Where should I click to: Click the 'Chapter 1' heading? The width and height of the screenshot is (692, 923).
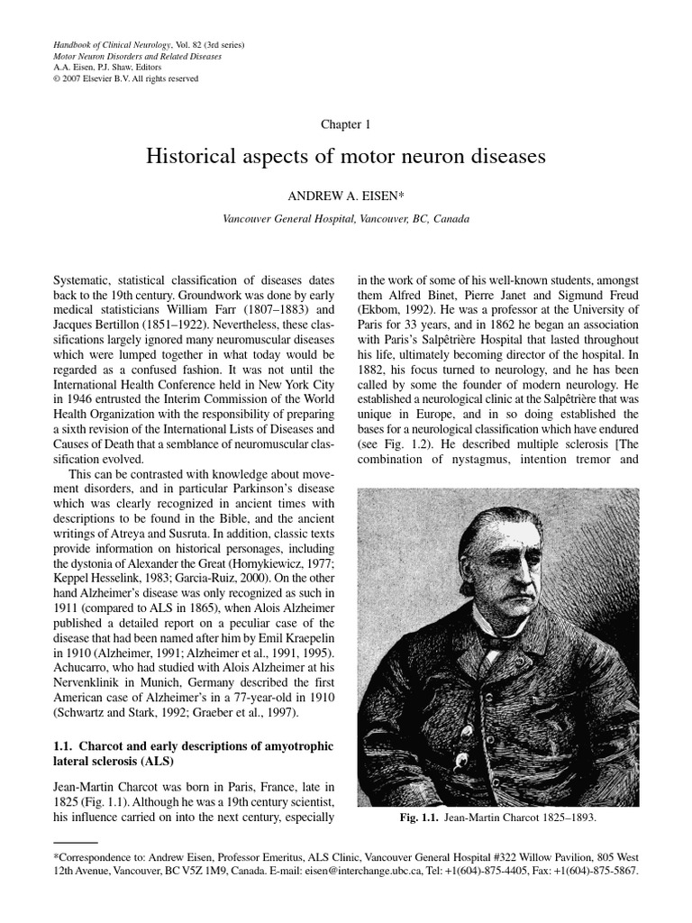click(345, 124)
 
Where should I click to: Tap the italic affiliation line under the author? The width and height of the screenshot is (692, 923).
click(345, 219)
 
